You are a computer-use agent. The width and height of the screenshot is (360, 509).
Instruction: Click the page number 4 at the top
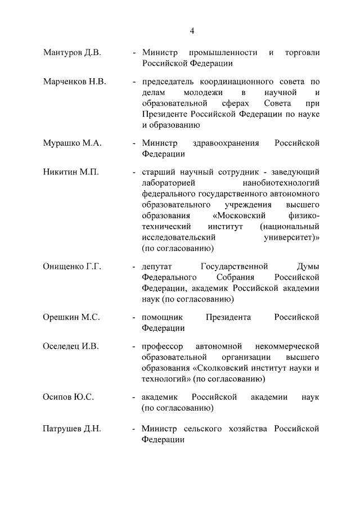pyautogui.click(x=192, y=30)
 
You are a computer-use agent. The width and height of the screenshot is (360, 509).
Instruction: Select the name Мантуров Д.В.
pyautogui.click(x=72, y=53)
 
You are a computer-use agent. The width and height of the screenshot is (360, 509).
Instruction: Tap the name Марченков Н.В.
pyautogui.click(x=74, y=81)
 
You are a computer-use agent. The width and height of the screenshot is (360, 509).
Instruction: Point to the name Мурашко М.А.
pyautogui.click(x=72, y=143)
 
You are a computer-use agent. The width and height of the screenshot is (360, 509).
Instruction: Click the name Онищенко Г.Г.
pyautogui.click(x=72, y=267)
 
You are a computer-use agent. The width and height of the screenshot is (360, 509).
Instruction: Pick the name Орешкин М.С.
pyautogui.click(x=71, y=317)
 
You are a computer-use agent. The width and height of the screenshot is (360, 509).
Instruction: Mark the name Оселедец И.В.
pyautogui.click(x=71, y=346)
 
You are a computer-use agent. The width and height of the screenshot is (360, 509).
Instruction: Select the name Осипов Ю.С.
pyautogui.click(x=69, y=397)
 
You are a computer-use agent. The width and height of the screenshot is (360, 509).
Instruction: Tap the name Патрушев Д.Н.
pyautogui.click(x=72, y=430)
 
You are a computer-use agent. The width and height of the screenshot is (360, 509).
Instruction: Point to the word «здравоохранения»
pyautogui.click(x=225, y=143)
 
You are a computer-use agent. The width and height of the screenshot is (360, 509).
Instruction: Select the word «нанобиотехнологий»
pyautogui.click(x=281, y=183)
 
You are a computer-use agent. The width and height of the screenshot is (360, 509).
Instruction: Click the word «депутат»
pyautogui.click(x=157, y=267)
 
